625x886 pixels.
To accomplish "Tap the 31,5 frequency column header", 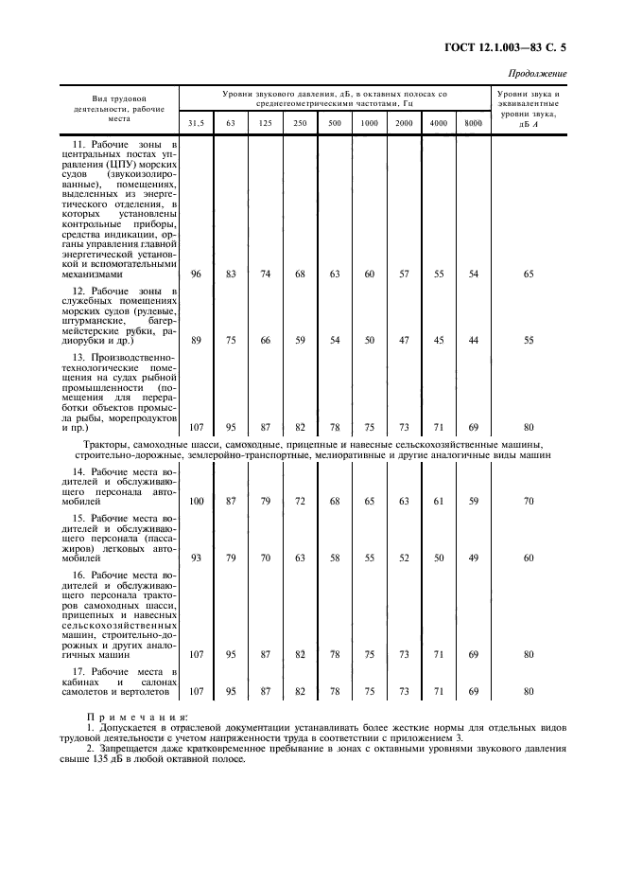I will coord(196,124).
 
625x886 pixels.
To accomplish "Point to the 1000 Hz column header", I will coord(369,124).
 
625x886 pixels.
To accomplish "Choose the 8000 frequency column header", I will coord(473,124).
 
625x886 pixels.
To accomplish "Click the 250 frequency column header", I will coord(300,124).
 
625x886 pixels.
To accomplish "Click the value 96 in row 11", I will coord(197,274).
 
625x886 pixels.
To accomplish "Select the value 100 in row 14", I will coord(197,501).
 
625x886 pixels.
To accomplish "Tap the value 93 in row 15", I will coord(197,558).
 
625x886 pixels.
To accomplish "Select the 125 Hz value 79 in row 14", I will coord(266,501).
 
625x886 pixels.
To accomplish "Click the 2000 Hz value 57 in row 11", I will coord(404,274).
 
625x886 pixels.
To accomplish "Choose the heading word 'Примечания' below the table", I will coord(137,718).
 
